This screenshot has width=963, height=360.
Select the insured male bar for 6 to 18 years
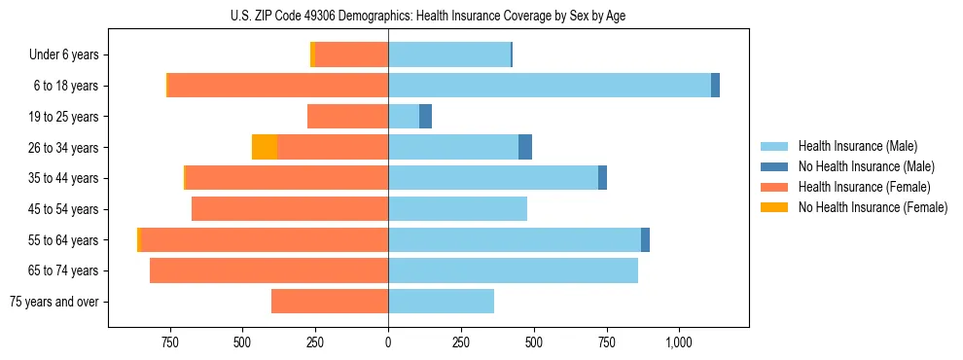click(550, 86)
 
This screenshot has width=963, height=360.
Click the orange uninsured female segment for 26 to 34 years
click(265, 147)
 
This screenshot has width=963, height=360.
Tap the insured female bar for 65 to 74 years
click(268, 270)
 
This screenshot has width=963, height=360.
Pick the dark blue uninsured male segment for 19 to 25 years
click(425, 117)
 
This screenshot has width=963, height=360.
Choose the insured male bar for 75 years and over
click(441, 302)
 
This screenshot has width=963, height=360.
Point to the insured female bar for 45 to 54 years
click(290, 209)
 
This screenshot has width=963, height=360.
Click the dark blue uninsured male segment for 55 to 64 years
click(645, 240)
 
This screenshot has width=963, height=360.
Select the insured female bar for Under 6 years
click(351, 55)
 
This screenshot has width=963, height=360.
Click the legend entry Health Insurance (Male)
click(857, 146)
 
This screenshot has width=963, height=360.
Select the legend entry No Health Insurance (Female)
click(873, 207)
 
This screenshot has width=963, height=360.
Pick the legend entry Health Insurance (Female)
click(864, 187)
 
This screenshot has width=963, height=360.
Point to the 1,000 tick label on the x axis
click(678, 342)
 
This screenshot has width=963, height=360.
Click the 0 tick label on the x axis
click(388, 342)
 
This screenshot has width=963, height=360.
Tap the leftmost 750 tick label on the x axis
click(170, 342)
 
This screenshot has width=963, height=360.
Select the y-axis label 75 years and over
click(53, 302)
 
